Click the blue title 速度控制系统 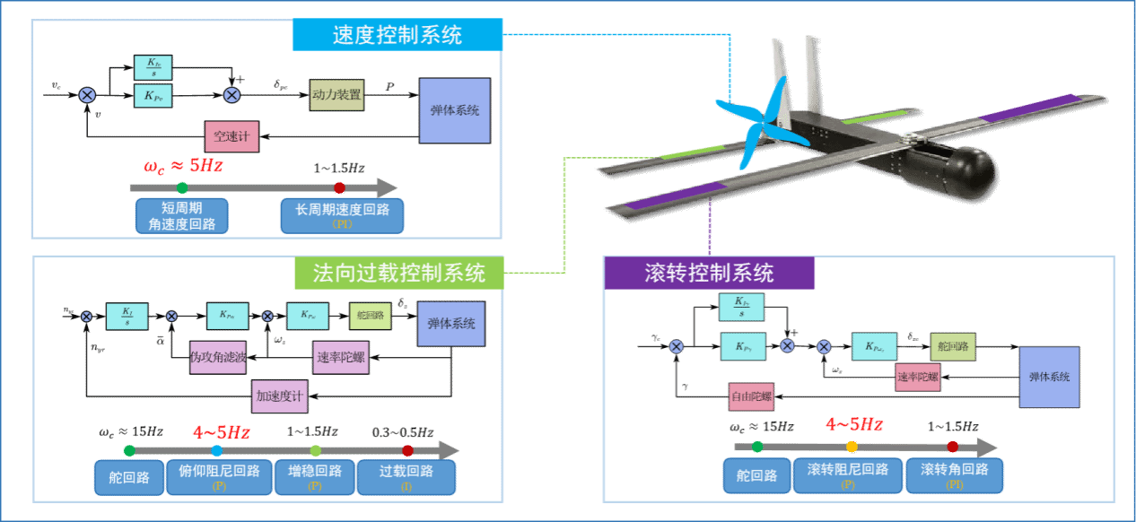397,35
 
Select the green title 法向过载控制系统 399,273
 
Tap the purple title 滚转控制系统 709,273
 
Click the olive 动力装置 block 336,94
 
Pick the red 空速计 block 232,137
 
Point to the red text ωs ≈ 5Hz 183,166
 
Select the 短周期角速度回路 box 182,216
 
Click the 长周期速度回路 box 342,216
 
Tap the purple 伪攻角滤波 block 218,356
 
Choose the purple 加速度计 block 279,396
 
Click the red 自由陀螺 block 751,396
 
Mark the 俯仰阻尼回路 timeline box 220,477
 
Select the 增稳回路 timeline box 315,477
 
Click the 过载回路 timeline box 406,477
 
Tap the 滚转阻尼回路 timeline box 848,475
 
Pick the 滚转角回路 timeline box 955,475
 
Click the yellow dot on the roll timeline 852,446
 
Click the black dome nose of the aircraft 972,171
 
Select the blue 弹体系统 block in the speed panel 455,110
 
